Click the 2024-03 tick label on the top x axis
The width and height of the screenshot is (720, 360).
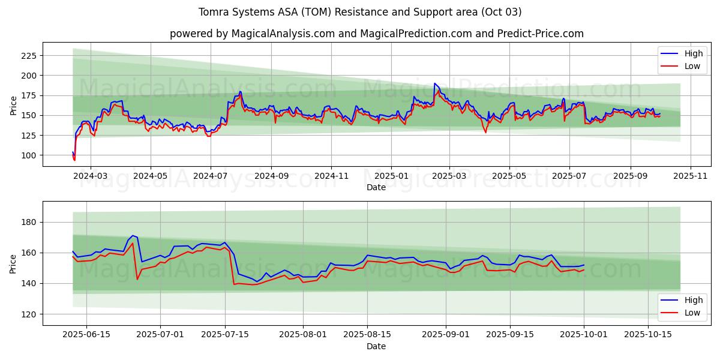pos(91,176)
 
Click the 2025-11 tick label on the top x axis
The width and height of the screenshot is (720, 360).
pos(691,176)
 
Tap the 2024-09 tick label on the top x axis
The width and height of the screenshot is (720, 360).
pos(271,176)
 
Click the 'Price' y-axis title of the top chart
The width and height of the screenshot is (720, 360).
pos(14,105)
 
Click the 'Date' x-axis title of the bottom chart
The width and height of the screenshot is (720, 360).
pos(376,346)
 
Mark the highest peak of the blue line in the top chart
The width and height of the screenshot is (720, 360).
pos(434,83)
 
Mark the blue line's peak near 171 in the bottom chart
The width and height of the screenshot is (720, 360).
pos(133,236)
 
